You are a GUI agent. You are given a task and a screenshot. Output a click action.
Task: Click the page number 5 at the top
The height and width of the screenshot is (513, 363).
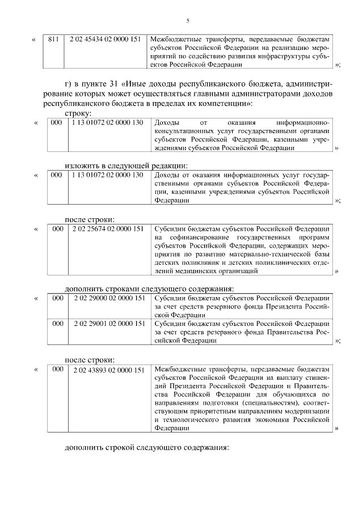[x=187, y=21]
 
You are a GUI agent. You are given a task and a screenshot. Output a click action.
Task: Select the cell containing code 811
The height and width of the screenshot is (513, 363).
[x=54, y=39]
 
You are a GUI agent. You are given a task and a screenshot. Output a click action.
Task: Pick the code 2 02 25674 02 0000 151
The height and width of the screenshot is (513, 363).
[x=108, y=228]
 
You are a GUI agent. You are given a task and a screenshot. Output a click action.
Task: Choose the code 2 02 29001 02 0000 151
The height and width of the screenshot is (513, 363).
[x=108, y=323]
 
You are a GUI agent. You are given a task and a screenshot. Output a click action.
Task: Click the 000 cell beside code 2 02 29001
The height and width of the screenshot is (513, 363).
[x=57, y=323]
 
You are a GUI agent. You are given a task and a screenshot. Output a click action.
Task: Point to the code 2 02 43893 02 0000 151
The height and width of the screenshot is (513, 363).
[x=108, y=370]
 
